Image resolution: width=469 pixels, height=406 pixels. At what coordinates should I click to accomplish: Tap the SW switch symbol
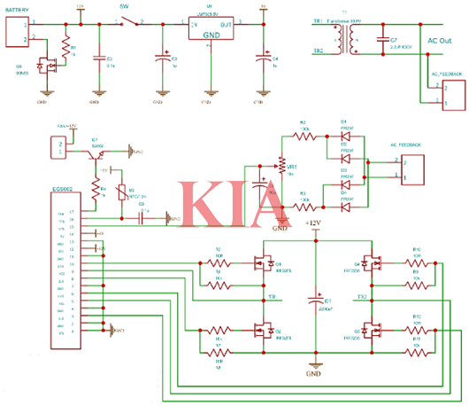pyautogui.click(x=131, y=22)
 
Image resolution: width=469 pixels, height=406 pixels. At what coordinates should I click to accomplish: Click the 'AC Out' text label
pyautogui.click(x=440, y=42)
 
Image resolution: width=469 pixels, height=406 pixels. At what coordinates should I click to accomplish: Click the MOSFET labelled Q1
pyautogui.click(x=263, y=263)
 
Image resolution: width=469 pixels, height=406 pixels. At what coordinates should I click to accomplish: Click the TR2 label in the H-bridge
pyautogui.click(x=361, y=296)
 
